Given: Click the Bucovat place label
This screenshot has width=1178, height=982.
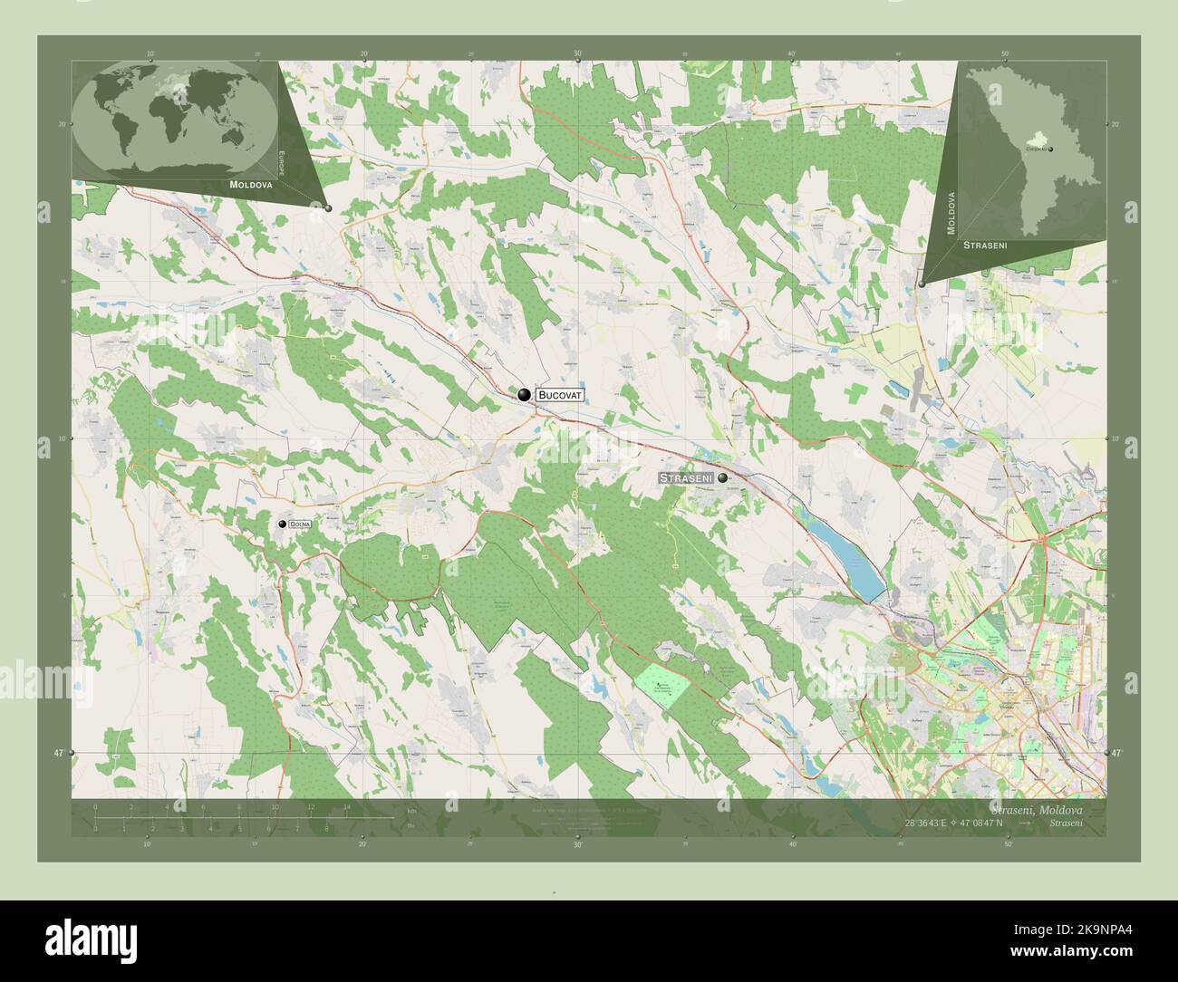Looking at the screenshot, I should pos(559,395).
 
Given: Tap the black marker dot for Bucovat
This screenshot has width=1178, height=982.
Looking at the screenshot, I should pos(524,394).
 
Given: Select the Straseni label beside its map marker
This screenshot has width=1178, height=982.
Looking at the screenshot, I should pos(686,477).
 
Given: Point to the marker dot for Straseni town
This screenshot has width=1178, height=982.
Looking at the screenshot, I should pos(722,477).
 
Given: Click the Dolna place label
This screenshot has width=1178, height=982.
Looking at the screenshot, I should pos(299,525).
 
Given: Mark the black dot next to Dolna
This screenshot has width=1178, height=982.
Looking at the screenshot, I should pos(282,525).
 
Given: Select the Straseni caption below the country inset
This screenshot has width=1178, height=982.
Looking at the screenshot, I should pos(986,246).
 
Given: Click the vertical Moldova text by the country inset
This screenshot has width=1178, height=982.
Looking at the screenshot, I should pos(951,213).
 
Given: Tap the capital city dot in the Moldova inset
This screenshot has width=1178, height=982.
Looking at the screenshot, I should pos(1050,149).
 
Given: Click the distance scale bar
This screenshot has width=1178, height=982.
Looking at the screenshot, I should pos(245,817).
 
